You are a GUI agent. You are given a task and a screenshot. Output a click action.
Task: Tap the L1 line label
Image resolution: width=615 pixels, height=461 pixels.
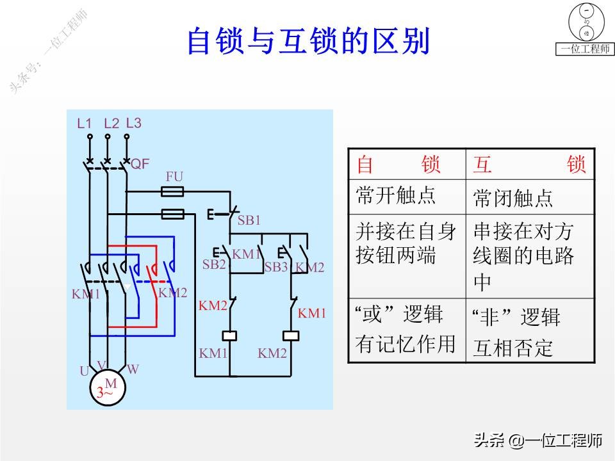click(x=85, y=124)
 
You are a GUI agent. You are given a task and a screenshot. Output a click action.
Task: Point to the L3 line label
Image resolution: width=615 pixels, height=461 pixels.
click(x=133, y=123)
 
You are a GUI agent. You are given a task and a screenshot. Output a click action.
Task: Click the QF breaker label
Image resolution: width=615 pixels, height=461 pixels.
click(x=140, y=164)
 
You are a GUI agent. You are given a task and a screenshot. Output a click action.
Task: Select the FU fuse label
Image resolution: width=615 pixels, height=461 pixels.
click(x=174, y=176)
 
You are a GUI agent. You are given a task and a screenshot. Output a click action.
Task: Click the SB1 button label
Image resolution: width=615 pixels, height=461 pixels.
click(x=249, y=220)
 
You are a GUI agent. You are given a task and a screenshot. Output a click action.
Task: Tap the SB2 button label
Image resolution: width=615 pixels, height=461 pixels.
click(x=214, y=264)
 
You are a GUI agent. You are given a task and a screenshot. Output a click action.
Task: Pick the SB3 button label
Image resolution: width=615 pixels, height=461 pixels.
click(x=276, y=267)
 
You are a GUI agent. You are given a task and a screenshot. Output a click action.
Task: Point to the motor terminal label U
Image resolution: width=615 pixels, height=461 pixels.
click(x=84, y=371)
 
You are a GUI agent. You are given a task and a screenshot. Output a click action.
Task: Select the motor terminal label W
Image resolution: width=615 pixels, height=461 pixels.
click(x=133, y=369)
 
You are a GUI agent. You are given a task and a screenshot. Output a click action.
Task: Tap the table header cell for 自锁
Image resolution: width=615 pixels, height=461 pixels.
click(x=406, y=165)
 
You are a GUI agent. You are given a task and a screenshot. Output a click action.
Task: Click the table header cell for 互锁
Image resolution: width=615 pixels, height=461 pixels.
click(x=530, y=165)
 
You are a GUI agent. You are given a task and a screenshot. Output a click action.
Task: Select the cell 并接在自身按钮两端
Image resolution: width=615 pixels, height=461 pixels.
click(x=406, y=244)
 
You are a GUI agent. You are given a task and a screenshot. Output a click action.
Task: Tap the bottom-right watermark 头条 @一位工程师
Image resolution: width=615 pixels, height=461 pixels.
click(x=538, y=441)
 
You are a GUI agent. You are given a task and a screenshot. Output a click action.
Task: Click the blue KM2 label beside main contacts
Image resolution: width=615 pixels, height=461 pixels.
click(x=173, y=293)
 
